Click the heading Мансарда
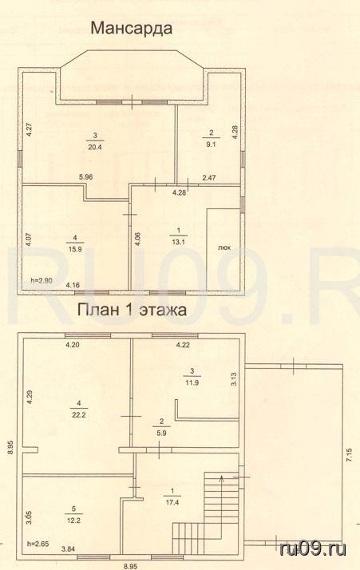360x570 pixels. point(131,28)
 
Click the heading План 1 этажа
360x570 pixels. point(133,310)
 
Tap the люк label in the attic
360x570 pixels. point(224,248)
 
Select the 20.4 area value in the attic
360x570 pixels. point(95,147)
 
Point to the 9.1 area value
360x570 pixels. point(212,144)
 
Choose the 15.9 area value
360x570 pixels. point(75,249)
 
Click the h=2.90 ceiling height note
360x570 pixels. point(41,280)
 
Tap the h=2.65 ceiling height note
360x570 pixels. point(38,544)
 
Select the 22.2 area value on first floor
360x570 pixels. point(78,415)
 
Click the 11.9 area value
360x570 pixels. point(192,382)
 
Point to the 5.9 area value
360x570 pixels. point(162,433)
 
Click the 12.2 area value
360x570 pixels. point(74,521)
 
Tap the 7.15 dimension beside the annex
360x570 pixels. point(350,455)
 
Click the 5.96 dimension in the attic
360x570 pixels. point(86,177)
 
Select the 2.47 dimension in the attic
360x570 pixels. point(209,178)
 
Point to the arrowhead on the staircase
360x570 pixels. point(220,478)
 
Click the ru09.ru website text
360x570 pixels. point(313,548)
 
